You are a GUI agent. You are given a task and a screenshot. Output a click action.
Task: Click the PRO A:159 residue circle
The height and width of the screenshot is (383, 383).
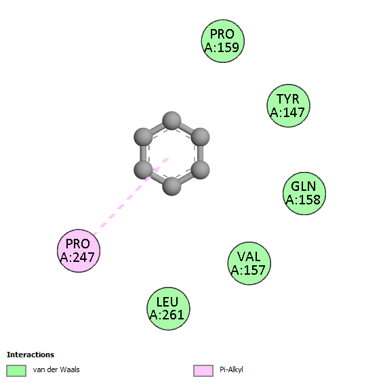(223, 41)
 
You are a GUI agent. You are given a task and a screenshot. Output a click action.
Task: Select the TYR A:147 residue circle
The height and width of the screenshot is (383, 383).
(288, 106)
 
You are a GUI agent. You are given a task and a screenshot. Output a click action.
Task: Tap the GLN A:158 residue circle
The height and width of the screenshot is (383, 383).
(304, 194)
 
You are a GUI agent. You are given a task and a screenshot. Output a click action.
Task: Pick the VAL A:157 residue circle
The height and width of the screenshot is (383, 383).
(249, 263)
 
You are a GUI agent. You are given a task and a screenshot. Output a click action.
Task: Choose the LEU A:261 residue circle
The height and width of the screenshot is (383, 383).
(168, 309)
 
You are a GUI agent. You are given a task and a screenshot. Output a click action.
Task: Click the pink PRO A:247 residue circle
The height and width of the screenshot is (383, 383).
(79, 251)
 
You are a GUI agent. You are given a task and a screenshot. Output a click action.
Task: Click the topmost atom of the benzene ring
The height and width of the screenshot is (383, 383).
(172, 120)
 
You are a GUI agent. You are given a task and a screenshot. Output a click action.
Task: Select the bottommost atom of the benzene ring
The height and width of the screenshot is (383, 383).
(172, 186)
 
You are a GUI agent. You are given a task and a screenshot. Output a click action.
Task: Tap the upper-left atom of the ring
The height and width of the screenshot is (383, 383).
(143, 137)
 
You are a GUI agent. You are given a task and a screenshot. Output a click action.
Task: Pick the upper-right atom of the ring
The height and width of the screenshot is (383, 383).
(201, 137)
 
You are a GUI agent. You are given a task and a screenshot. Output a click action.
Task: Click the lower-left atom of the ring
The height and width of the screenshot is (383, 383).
(143, 170)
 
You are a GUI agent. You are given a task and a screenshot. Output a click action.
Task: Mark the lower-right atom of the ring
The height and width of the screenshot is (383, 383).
(201, 170)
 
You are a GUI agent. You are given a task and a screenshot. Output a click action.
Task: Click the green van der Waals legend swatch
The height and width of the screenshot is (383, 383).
(16, 371)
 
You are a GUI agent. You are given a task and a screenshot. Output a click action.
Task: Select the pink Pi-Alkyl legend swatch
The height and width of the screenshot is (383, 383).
(203, 371)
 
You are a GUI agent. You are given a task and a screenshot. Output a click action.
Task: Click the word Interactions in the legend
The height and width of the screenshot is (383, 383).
(31, 355)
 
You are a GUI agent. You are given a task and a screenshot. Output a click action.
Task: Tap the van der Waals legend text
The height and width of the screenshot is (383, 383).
(56, 369)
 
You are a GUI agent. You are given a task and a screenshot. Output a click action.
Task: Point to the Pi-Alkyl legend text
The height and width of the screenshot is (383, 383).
(231, 370)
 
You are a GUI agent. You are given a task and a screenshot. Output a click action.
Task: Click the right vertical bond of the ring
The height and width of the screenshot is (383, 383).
(201, 154)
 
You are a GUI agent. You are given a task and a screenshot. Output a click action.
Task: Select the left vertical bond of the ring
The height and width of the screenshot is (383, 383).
(143, 154)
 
